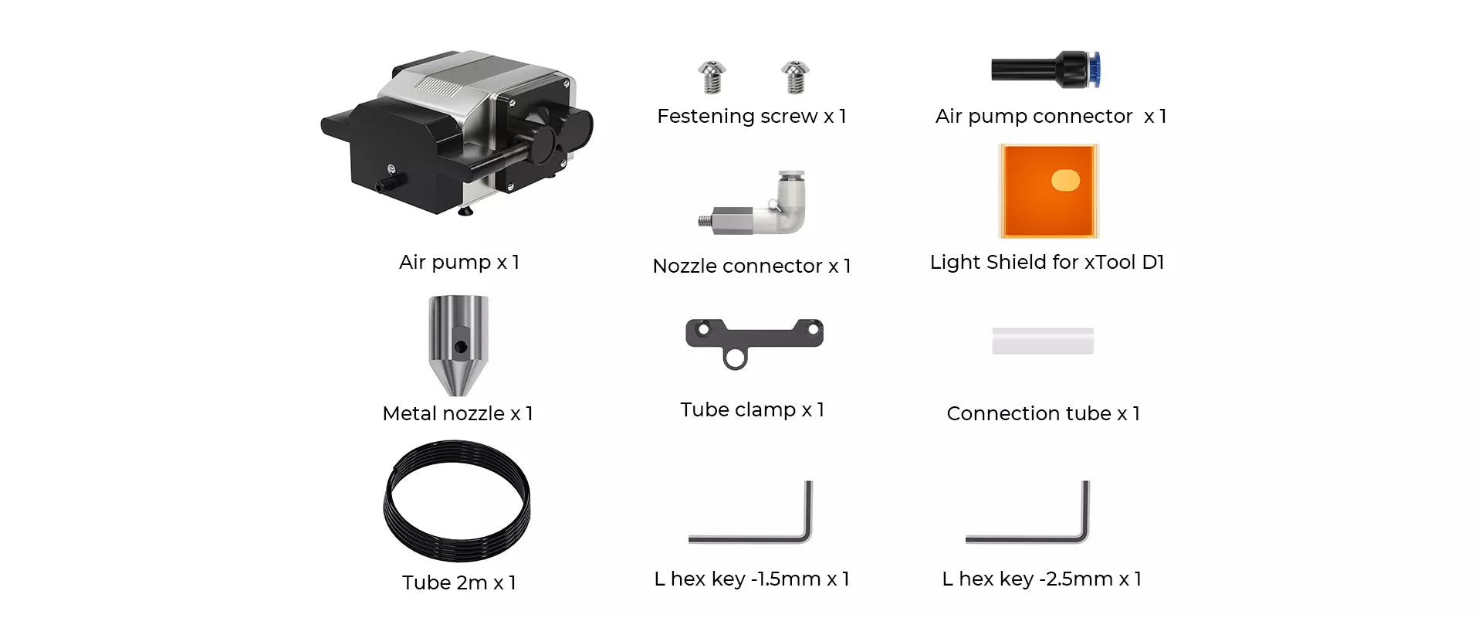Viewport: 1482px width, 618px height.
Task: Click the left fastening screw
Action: [x=712, y=77]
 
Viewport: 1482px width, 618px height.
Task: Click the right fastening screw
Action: [x=794, y=77]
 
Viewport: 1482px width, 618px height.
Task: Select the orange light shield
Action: [x=1048, y=191]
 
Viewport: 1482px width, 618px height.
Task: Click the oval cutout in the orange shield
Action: [x=1065, y=180]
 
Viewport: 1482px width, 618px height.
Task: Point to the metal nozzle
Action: [x=458, y=345]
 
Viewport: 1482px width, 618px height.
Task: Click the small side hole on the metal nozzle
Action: [x=461, y=347]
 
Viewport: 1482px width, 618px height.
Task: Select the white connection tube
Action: [x=1043, y=341]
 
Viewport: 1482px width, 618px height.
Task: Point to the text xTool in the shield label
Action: [x=1110, y=262]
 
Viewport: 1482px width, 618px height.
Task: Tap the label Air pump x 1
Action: [x=459, y=263]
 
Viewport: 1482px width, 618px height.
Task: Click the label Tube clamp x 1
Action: [x=753, y=409]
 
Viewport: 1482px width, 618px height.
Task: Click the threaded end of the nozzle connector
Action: [x=704, y=221]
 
